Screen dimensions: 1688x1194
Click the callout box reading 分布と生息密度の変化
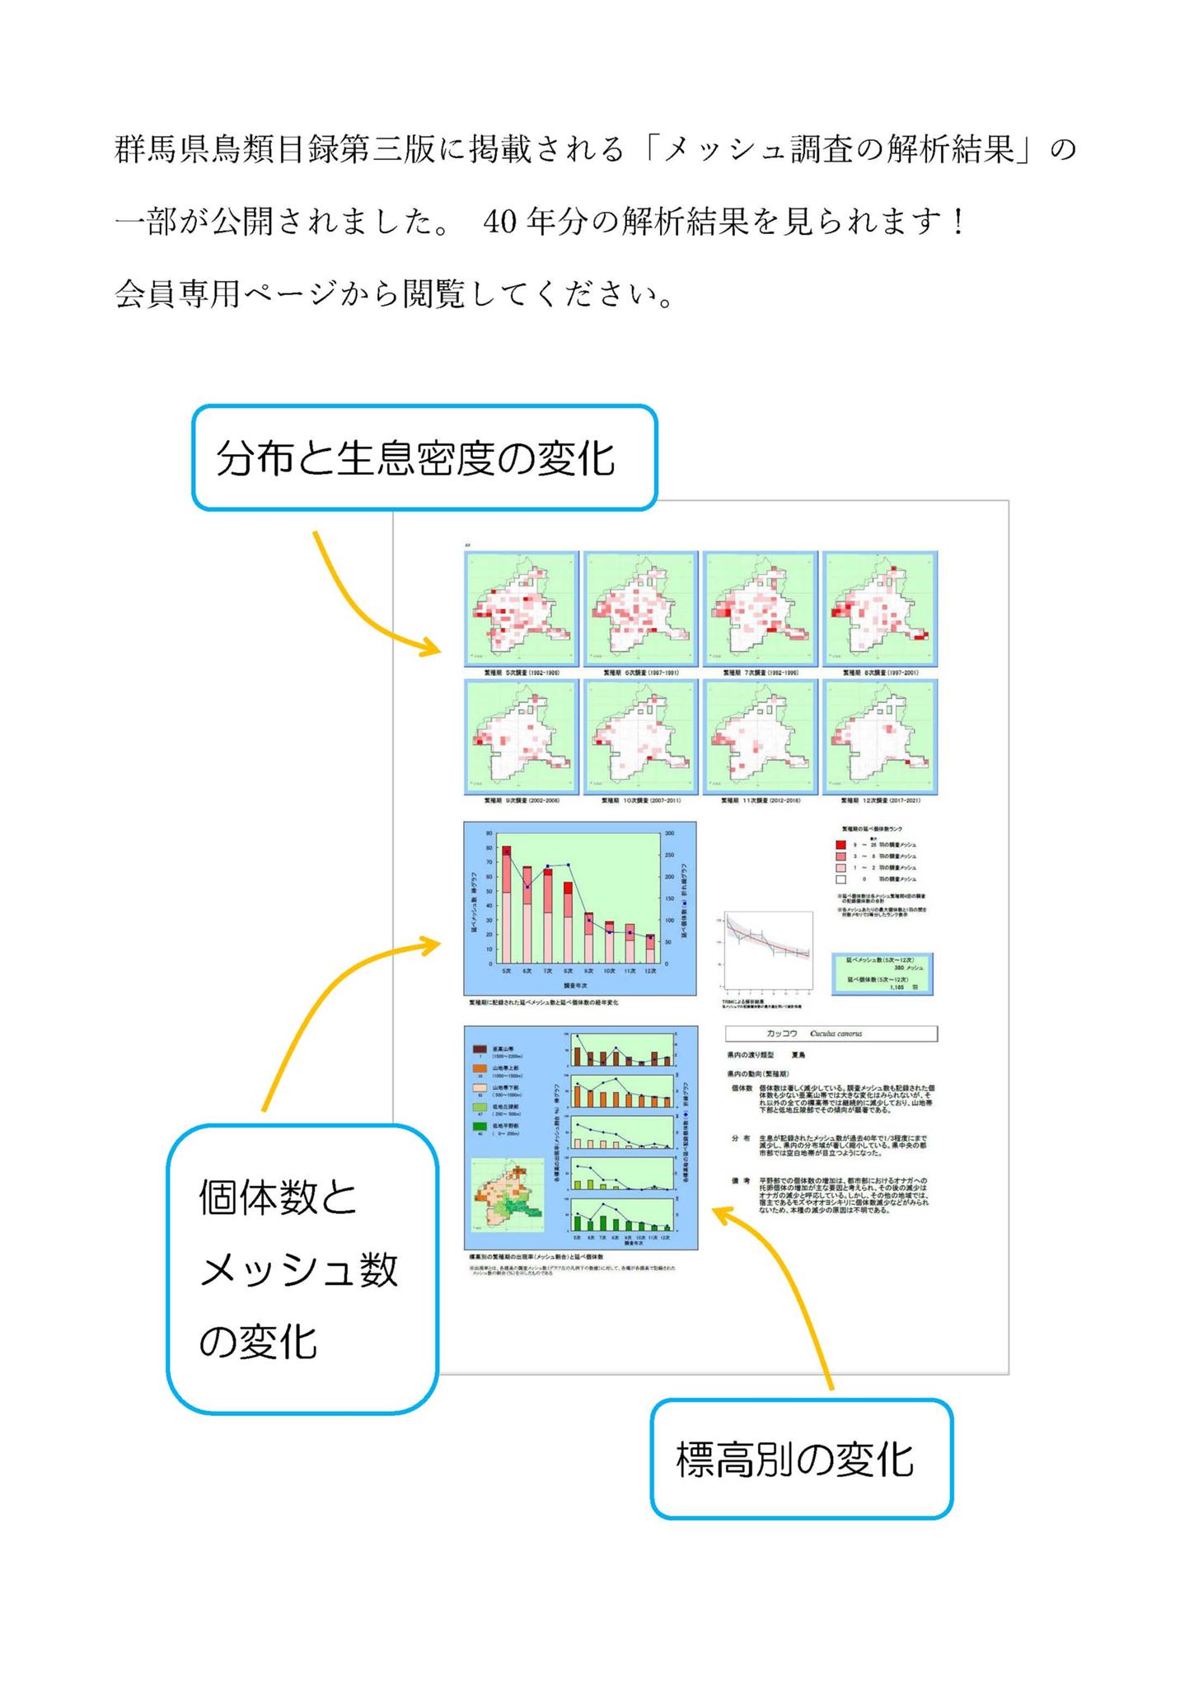tap(424, 457)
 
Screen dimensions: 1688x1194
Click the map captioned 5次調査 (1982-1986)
tap(522, 608)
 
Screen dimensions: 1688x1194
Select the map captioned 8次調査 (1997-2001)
tap(880, 608)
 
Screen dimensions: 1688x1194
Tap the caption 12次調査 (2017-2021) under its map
tap(880, 800)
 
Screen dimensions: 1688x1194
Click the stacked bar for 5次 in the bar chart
tap(507, 904)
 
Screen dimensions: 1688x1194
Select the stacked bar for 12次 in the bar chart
tap(650, 949)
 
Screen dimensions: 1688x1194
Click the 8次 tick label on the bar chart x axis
tap(568, 971)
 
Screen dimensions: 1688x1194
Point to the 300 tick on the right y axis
tap(669, 833)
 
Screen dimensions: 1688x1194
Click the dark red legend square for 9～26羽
tap(840, 845)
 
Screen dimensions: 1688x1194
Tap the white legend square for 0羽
tap(840, 879)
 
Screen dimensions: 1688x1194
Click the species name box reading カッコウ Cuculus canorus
tap(831, 1034)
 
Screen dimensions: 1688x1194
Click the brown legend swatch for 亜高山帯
tap(480, 1049)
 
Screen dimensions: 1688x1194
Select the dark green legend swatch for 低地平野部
tap(480, 1126)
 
